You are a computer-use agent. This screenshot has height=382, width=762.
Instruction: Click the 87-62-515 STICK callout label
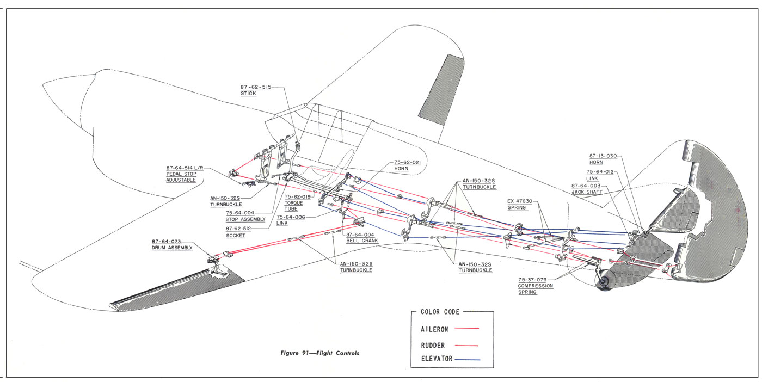255,90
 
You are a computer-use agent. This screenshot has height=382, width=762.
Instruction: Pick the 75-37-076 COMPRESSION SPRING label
536,285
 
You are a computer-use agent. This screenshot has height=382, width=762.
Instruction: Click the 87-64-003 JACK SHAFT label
587,189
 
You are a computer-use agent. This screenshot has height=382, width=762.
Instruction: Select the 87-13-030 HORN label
603,159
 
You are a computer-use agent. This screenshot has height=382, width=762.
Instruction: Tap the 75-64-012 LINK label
599,175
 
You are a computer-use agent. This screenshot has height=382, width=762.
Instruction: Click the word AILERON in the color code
435,329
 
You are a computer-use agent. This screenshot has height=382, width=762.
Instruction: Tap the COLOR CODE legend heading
440,312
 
